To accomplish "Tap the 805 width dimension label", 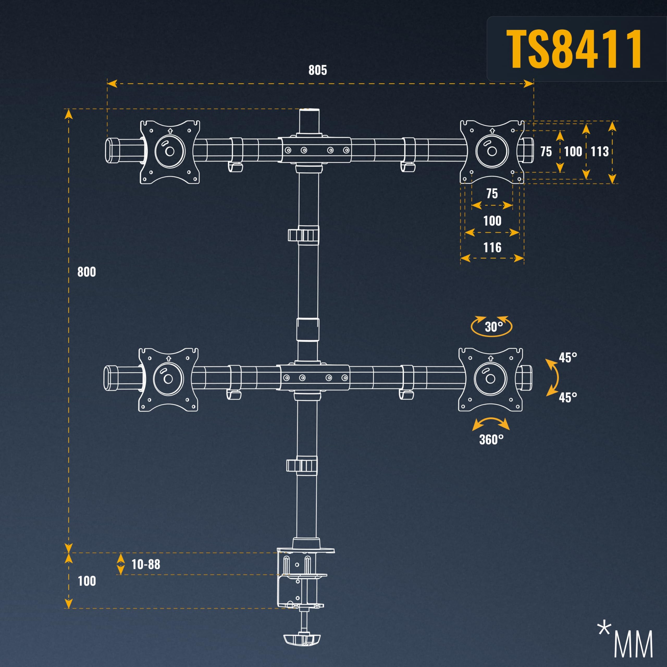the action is coord(318,70).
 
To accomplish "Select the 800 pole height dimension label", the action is coord(87,272).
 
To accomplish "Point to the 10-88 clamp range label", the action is coord(146,564).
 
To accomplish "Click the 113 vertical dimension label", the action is coord(600,152).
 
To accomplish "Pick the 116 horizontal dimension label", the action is coord(492,248).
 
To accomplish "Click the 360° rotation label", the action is coord(491,440).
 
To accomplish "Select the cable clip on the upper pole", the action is coord(303,235).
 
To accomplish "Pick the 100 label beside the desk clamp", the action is coord(87,581).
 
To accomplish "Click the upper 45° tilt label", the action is coord(568,358).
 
